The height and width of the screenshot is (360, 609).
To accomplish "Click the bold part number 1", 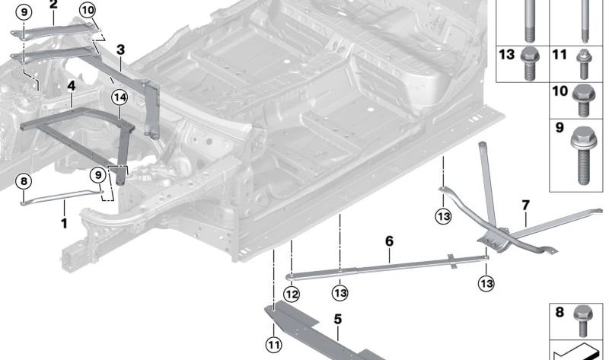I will point(64,224).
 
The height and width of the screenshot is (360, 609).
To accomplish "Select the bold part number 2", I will point(53,5).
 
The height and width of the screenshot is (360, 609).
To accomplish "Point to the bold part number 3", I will point(120,49).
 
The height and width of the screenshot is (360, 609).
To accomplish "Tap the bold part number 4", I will point(71,87).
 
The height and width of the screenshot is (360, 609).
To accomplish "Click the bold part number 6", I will point(389,241).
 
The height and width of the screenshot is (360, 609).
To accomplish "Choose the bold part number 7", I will point(525,205).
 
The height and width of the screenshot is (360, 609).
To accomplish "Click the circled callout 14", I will point(118,97).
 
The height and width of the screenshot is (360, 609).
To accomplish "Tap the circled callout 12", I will point(292,294).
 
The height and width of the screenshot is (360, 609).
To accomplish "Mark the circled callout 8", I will point(24,181).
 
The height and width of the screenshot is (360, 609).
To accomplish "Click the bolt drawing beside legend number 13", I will point(531,64).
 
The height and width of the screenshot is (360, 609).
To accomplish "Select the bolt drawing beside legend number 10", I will point(585,97).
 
